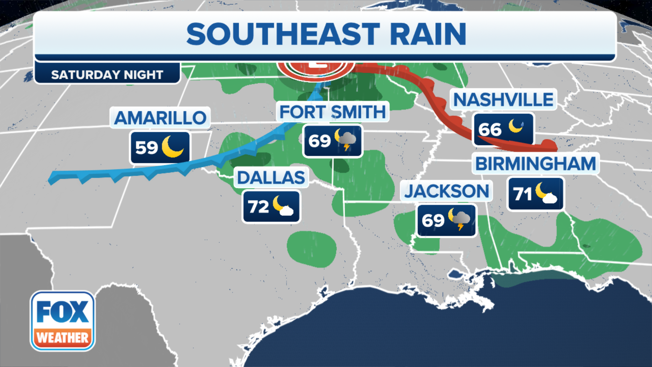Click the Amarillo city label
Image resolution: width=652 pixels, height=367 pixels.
coord(160,118)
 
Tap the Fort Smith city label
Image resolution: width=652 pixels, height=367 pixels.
coord(332,112)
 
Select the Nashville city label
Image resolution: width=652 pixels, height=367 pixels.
coord(504,100)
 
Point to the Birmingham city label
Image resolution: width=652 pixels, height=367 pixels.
coord(536,163)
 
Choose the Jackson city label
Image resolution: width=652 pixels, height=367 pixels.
coord(447,191)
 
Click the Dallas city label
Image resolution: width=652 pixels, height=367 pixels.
coord(271,177)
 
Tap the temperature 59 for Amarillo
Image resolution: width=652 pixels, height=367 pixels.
coord(147,147)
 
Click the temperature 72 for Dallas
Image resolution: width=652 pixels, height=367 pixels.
coord(258,207)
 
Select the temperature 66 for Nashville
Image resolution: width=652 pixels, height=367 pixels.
coord(490,129)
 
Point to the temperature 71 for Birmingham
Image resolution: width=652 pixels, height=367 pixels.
coord(523,194)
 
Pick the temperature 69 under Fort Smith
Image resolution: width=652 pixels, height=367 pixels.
coord(320,141)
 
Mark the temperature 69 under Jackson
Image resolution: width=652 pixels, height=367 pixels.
coord(433,221)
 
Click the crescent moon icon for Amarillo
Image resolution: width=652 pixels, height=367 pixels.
coord(173,146)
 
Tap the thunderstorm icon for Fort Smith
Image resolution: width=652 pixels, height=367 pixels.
coord(346,139)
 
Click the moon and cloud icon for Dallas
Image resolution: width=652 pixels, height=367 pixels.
coord(283,206)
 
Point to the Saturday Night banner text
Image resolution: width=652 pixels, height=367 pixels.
coord(107,74)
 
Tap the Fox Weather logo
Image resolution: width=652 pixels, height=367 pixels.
coord(62,321)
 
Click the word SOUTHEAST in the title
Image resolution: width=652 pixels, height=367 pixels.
coord(283,34)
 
